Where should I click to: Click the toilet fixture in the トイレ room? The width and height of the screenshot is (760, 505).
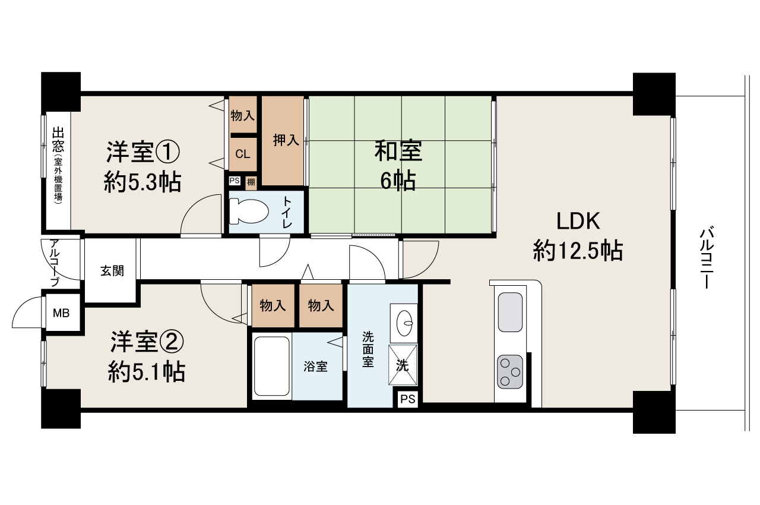249,212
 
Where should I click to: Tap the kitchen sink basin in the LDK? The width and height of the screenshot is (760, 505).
510,312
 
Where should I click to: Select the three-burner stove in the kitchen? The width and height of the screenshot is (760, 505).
510,372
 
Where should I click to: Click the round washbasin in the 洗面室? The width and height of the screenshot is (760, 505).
404,323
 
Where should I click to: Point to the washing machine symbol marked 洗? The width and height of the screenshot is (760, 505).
403,365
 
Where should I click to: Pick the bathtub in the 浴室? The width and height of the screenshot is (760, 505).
272,366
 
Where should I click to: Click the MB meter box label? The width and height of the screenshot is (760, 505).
61,313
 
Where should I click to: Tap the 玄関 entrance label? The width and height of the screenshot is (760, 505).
112,271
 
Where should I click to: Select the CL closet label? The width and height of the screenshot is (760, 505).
243,154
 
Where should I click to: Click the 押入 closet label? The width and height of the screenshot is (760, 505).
286,140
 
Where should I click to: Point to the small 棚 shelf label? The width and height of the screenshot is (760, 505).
251,182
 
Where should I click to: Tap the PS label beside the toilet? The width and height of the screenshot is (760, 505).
235,181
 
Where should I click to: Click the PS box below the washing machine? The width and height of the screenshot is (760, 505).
408,399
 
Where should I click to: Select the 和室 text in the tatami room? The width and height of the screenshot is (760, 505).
398,151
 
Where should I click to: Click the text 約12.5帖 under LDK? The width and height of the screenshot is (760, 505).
578,251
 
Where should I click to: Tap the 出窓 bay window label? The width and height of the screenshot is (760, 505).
58,140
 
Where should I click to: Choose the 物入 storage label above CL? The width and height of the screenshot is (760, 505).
243,116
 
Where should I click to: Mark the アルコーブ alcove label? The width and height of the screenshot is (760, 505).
55,263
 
